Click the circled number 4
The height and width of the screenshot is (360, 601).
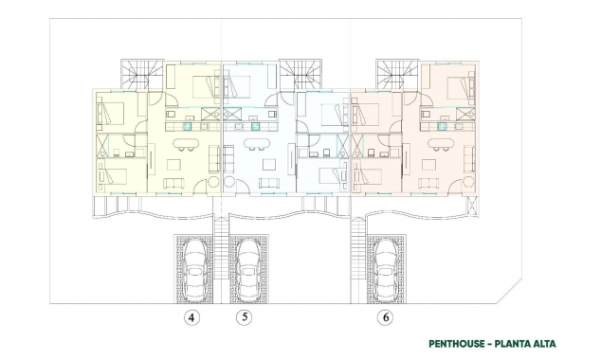click(193, 317)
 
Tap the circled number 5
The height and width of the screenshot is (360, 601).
click(246, 317)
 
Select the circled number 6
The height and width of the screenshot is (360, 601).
click(385, 317)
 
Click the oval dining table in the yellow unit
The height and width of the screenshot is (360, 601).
click(186, 145)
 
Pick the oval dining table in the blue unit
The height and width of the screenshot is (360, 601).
click(257, 145)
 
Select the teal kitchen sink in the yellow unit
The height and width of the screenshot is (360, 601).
click(187, 122)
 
